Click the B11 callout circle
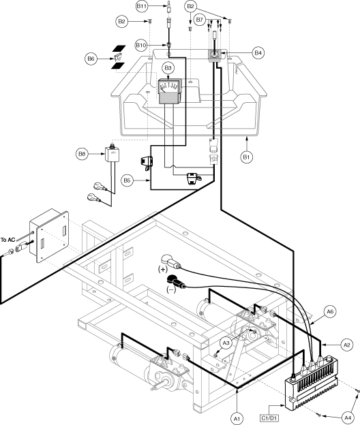142,7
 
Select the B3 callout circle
168,67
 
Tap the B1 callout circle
246,157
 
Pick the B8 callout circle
82,154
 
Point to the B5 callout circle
127,180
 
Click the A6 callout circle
330,312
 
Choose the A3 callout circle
226,343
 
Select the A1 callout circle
237,419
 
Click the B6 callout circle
91,59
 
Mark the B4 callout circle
258,53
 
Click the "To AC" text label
7,240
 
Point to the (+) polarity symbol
163,269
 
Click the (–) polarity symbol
171,289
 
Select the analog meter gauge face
169,86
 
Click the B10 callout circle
141,45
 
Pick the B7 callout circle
200,20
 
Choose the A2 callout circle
347,345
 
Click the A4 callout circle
348,418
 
